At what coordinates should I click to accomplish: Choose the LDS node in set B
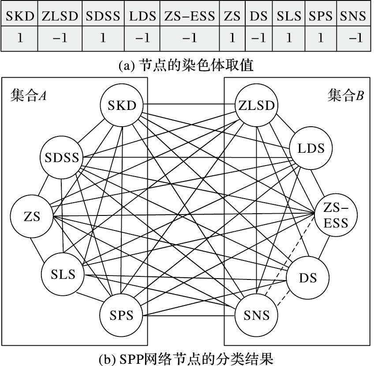(x=311, y=148)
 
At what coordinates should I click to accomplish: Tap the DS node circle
(x=308, y=277)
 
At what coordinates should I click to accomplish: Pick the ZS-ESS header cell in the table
(x=190, y=16)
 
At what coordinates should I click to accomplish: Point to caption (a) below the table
(x=187, y=65)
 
